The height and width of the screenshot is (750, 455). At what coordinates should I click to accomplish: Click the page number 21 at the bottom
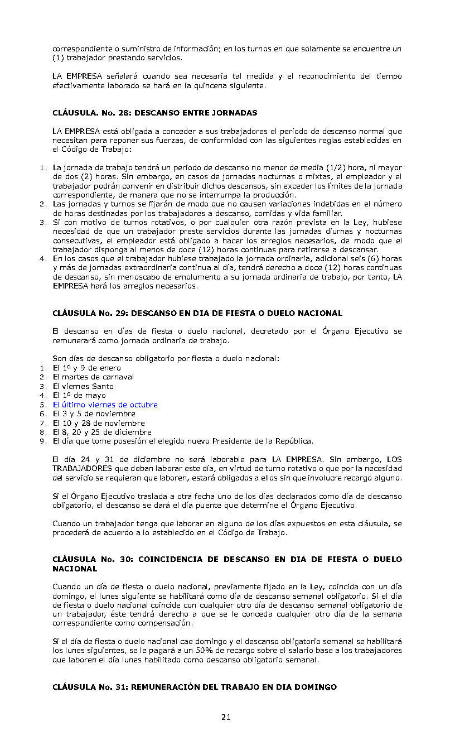(x=225, y=717)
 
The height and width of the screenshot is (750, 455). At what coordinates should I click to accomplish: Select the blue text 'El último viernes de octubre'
(x=105, y=405)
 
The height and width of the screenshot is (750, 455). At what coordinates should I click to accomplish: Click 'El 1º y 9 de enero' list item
(x=86, y=368)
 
